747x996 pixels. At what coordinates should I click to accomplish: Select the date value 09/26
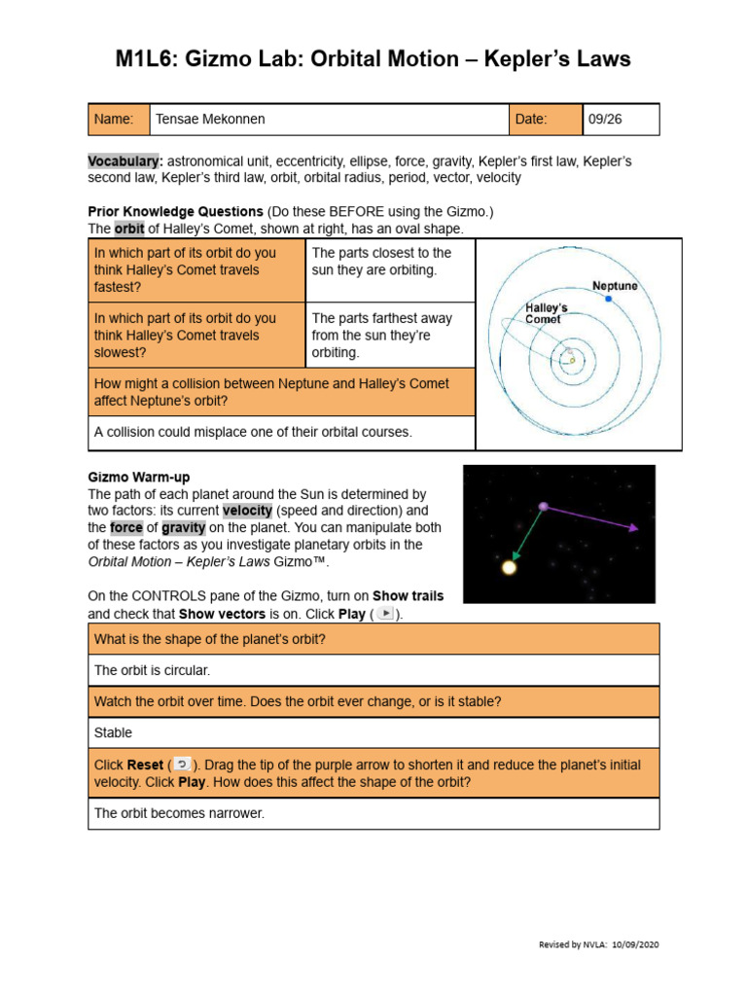(605, 120)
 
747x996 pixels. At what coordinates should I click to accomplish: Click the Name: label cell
(118, 120)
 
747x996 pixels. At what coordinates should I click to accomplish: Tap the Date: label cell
(546, 120)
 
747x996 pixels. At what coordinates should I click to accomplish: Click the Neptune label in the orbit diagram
(615, 286)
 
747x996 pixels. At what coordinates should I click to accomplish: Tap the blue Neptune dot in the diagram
(609, 299)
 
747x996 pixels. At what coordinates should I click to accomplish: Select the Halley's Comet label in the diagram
(547, 313)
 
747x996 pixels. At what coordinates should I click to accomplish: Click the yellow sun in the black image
(509, 567)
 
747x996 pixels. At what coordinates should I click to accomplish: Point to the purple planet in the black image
(543, 506)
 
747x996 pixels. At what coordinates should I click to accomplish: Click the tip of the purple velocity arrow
(635, 529)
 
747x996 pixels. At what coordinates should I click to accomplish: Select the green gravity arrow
(526, 536)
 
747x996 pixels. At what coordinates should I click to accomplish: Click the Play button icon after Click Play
(386, 614)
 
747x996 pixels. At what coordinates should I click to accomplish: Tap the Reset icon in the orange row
(182, 765)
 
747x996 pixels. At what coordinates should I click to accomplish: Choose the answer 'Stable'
(113, 732)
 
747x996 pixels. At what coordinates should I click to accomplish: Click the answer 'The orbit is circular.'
(152, 670)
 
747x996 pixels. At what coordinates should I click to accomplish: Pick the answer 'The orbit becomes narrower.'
(179, 813)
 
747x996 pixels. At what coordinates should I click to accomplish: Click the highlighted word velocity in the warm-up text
(249, 511)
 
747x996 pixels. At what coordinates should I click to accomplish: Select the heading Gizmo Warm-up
(139, 477)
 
